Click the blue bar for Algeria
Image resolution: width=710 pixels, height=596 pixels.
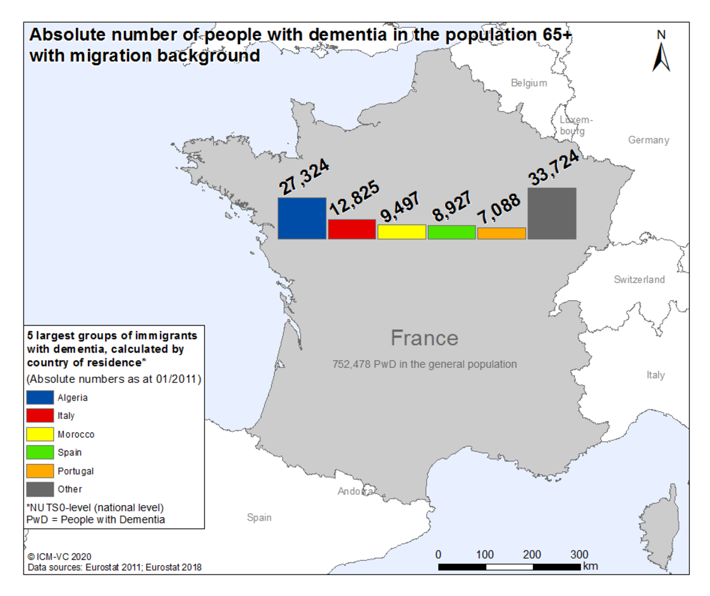[302, 218]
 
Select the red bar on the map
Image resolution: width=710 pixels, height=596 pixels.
[352, 229]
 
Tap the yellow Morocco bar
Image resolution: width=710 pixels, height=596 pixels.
[401, 232]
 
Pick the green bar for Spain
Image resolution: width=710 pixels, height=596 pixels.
[451, 232]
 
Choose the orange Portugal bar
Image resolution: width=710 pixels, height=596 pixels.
[502, 233]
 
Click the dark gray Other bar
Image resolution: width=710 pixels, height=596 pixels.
[552, 213]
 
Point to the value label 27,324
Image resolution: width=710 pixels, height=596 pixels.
[304, 176]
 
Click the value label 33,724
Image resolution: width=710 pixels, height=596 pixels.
[554, 167]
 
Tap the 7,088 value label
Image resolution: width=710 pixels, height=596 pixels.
[499, 209]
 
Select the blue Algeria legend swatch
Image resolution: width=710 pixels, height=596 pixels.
[40, 398]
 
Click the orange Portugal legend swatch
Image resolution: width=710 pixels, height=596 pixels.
[40, 471]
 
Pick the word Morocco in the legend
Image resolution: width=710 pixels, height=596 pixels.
[76, 434]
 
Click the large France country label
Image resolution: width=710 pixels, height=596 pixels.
[424, 338]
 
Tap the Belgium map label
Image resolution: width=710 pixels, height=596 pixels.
[529, 83]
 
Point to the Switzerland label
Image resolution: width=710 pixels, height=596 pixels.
[639, 279]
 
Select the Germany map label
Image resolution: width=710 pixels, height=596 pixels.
[649, 140]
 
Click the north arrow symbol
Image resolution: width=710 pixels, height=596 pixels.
[661, 57]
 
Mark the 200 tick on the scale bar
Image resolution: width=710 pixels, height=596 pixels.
[532, 555]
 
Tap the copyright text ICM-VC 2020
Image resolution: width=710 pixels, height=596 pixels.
[60, 557]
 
